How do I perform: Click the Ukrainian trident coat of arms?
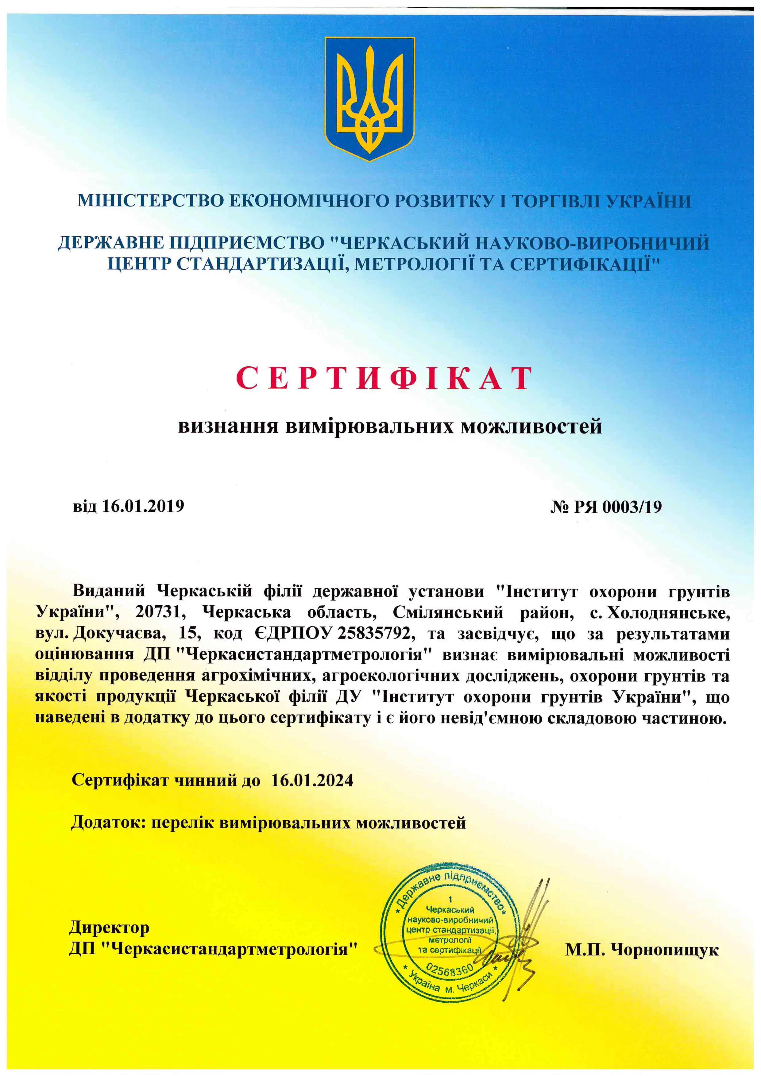coord(370,98)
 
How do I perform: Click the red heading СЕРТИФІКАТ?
coord(384,378)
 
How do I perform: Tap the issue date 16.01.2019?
coord(143,506)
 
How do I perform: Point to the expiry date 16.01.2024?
coord(312,780)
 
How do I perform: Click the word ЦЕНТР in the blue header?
coord(140,265)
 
